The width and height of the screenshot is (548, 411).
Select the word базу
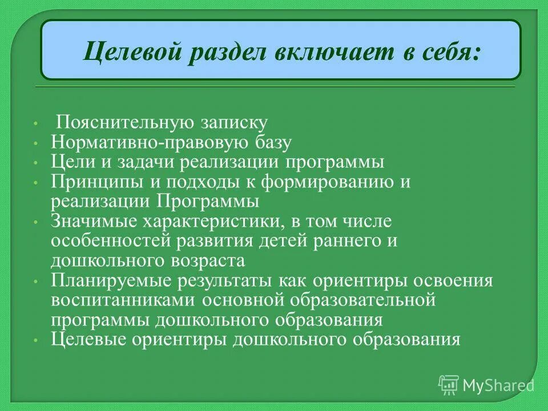coord(272,142)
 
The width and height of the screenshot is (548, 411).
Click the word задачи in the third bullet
coord(146,162)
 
